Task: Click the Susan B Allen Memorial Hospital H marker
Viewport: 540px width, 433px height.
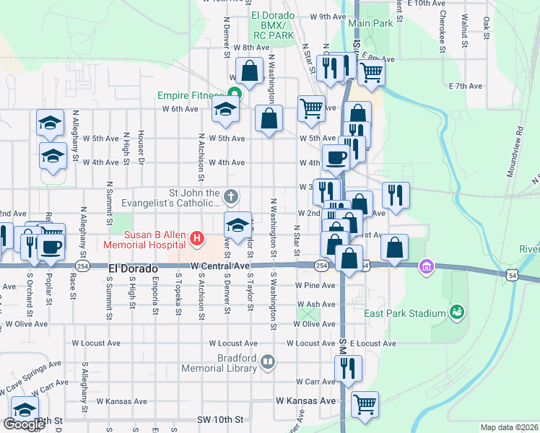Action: (x=196, y=237)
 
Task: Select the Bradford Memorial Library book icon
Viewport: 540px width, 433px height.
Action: (x=268, y=362)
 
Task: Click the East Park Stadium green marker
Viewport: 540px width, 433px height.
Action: (x=456, y=312)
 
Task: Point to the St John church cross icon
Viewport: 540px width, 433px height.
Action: (x=230, y=195)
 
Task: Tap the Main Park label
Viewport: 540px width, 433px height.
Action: (x=370, y=23)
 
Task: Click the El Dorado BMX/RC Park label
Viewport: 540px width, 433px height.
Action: (x=272, y=25)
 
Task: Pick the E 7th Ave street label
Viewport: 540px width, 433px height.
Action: (x=465, y=86)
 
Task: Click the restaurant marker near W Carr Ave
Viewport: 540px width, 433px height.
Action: (x=348, y=369)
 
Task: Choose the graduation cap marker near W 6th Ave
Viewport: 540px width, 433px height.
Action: (x=225, y=111)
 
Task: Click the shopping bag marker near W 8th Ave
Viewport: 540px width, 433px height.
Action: (x=250, y=72)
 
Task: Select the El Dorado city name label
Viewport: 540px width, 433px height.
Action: (x=133, y=268)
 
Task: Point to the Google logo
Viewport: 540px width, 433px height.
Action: (x=24, y=424)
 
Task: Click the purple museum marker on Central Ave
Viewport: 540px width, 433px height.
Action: (x=426, y=268)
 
